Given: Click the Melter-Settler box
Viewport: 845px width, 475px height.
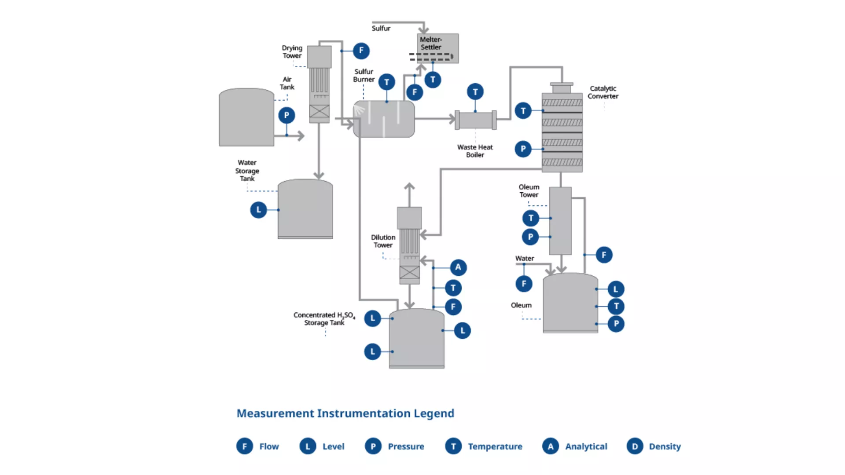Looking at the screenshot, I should (x=437, y=48).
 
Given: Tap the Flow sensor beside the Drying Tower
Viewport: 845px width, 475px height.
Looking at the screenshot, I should (x=361, y=51).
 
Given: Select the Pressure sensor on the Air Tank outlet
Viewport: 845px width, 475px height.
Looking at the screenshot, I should (x=287, y=116).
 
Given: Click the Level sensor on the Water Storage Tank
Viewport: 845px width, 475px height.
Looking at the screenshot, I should (x=258, y=210).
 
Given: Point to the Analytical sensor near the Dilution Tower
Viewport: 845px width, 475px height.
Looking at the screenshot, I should (x=458, y=267).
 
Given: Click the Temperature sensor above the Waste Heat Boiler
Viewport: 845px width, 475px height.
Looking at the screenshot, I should (x=475, y=92).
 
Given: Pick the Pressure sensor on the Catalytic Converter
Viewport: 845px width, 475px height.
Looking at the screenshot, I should (x=523, y=149).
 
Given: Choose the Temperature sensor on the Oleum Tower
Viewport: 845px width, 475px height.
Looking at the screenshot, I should (x=530, y=218).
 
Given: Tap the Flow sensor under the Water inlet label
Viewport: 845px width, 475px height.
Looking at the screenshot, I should (x=524, y=284).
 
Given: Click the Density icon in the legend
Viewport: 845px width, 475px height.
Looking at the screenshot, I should (x=635, y=446).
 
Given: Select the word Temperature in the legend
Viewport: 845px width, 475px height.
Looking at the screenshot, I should (x=495, y=446).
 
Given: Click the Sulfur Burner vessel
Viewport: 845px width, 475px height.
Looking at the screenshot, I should (x=384, y=119).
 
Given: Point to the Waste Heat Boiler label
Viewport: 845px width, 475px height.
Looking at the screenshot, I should (x=475, y=151).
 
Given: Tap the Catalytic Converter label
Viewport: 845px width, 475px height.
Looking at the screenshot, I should (x=603, y=92).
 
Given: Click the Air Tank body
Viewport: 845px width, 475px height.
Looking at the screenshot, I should (x=246, y=117).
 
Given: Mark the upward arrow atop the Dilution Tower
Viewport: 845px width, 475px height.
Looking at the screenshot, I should (x=409, y=187).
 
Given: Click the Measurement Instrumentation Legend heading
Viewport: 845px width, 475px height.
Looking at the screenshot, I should (x=345, y=413).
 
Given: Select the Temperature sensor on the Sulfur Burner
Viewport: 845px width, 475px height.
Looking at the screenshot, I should (x=386, y=82).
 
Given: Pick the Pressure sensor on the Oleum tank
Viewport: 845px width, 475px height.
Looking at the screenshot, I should (x=616, y=324).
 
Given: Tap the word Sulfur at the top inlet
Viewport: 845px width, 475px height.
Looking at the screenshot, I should (x=381, y=28).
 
